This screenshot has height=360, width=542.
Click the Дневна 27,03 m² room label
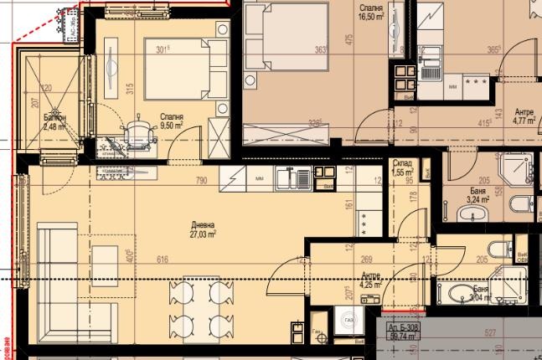(203, 230)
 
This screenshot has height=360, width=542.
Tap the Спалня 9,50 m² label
(172, 121)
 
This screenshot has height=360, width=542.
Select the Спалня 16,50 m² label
(371, 11)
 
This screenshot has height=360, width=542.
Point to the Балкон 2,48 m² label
(57, 122)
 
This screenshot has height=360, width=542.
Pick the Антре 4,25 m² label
(371, 280)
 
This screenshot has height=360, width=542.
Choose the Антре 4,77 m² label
(524, 116)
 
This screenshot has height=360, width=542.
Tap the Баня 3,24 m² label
(480, 196)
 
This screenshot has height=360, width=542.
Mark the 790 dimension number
(201, 180)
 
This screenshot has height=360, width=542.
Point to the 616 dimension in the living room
(163, 260)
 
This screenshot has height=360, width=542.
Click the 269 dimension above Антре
(366, 260)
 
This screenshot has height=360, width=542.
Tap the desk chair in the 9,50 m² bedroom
(136, 136)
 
